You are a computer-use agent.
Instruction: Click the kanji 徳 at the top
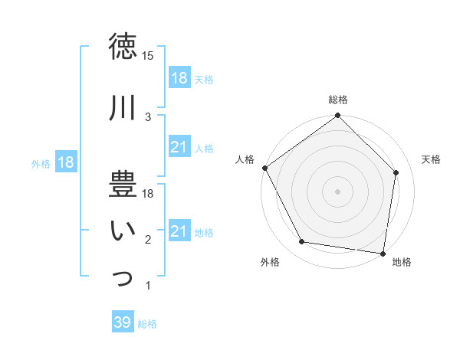123,47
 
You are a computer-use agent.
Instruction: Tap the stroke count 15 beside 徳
148,56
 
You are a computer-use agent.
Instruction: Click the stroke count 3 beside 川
148,116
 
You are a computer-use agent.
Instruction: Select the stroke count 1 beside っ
148,286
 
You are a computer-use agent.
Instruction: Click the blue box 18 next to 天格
179,79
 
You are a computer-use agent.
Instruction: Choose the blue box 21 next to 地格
179,231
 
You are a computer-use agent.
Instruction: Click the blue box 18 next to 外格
66,163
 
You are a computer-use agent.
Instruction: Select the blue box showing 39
123,322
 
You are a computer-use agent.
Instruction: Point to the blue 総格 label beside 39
147,324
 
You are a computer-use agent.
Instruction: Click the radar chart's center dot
337,191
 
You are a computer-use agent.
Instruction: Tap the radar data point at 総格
337,116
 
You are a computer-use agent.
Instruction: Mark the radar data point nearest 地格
383,253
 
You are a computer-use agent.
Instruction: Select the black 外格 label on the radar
270,262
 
